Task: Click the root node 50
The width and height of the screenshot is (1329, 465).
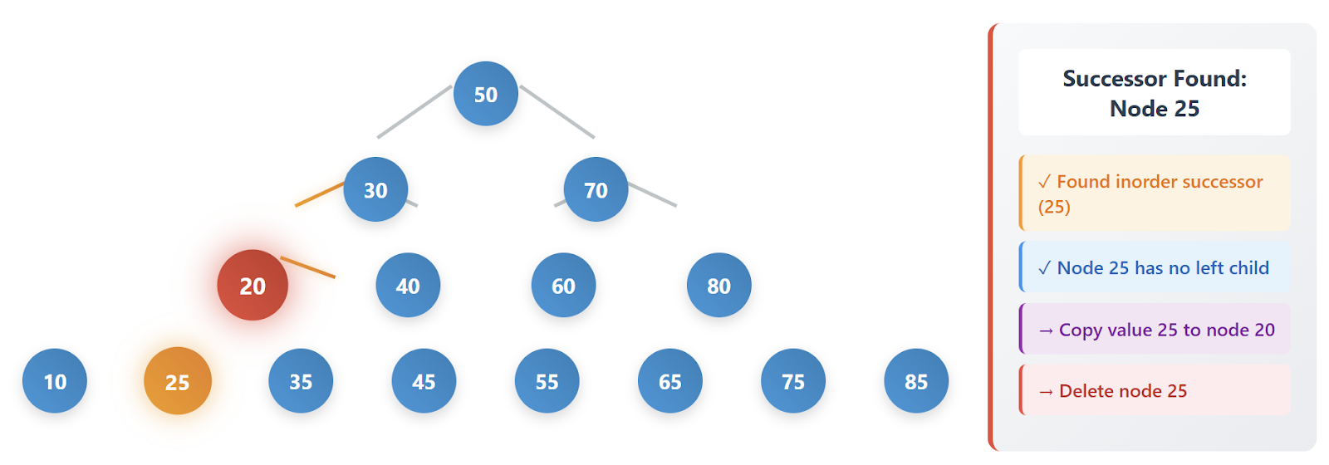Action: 486,94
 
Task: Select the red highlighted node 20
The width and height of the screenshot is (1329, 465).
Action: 253,285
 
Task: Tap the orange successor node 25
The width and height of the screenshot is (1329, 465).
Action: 178,381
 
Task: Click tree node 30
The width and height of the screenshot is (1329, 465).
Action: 375,189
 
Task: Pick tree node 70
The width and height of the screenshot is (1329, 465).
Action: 596,189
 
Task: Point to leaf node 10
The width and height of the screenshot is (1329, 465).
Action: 55,381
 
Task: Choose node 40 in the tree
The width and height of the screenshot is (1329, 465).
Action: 408,285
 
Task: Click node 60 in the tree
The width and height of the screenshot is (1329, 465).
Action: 563,285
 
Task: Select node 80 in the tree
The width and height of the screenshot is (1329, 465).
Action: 718,285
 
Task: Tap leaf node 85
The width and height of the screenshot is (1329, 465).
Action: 916,381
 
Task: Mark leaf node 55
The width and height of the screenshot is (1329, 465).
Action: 547,381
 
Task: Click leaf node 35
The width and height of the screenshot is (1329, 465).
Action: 301,381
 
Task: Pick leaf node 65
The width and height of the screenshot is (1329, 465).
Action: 669,381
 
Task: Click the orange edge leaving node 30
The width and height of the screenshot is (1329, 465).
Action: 318,194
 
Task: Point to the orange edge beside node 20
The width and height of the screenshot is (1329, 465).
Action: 308,267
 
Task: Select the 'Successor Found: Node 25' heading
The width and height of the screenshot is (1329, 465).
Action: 1154,92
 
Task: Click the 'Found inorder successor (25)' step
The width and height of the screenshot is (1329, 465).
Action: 1155,193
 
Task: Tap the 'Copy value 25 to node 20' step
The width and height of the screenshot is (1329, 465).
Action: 1155,330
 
